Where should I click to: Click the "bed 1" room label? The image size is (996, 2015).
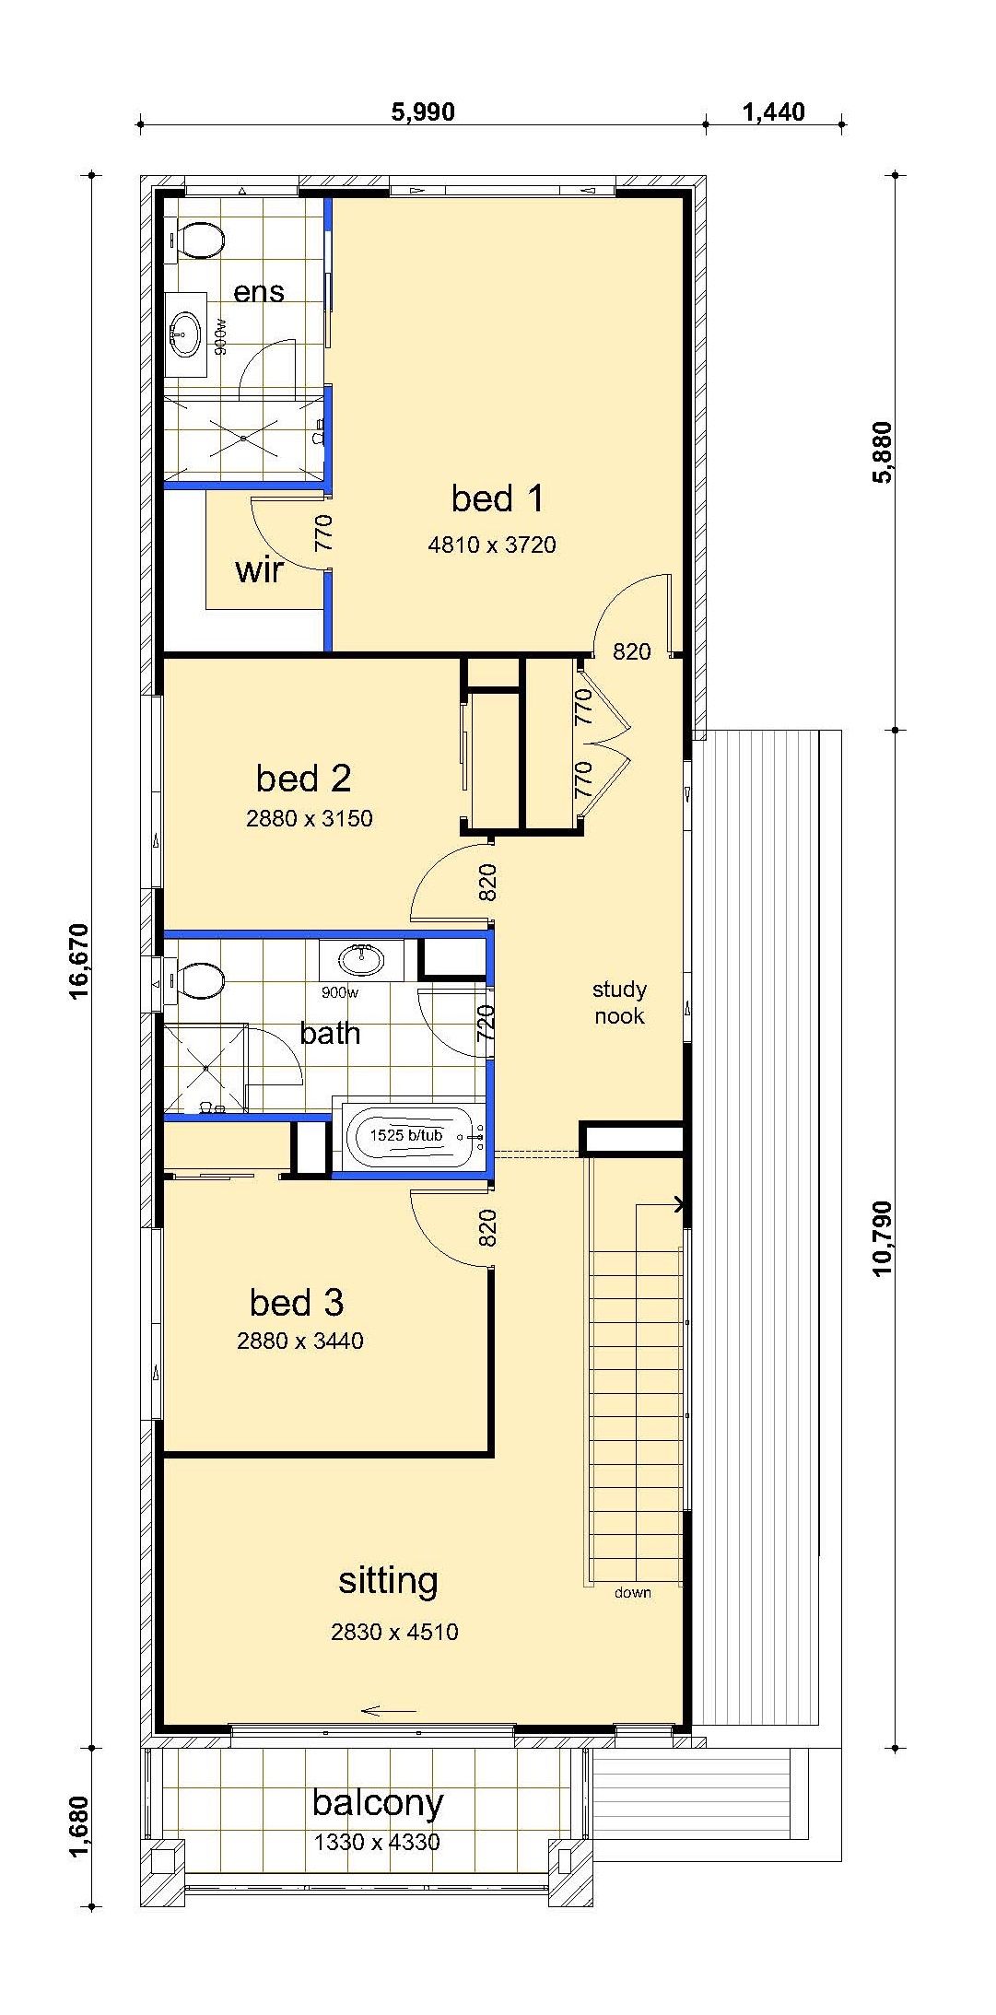498,498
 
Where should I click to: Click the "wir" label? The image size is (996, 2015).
259,570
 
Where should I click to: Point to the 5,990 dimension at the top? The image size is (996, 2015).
423,112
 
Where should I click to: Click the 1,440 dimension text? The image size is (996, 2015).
773,112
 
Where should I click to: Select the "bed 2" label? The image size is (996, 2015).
304,779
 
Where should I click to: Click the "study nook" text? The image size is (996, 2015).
619,1002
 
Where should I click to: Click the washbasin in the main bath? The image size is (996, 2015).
361,959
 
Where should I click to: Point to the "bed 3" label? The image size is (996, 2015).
297,1303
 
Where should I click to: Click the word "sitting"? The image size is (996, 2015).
388,1580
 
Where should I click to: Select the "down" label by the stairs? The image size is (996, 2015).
633,1593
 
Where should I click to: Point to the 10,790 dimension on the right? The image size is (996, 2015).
883,1237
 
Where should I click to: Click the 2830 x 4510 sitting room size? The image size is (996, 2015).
394,1632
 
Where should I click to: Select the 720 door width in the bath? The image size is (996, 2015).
486,1024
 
